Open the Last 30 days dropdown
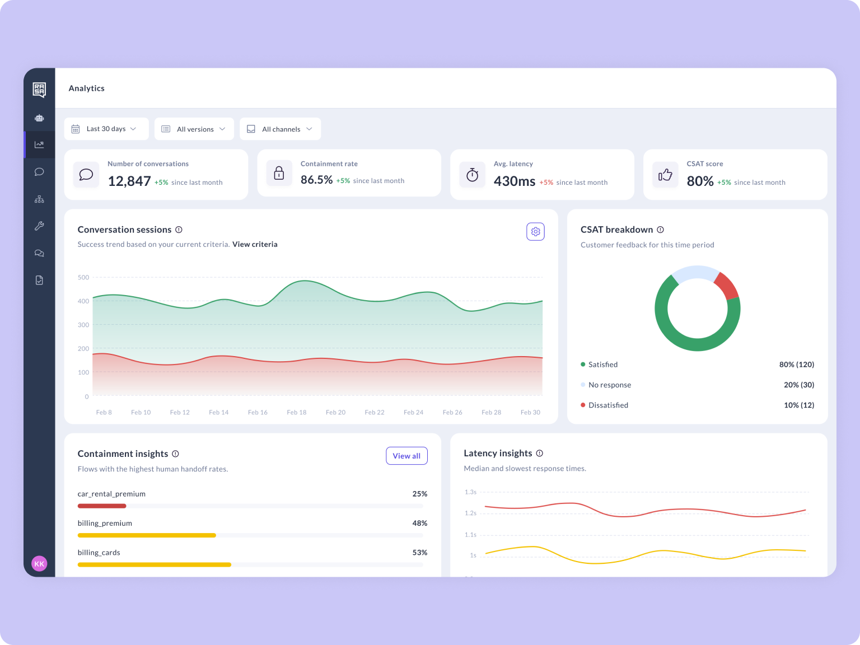tap(106, 129)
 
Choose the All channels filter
tap(281, 129)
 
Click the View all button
tap(406, 456)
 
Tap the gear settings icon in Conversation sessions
tap(535, 232)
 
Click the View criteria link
tap(255, 244)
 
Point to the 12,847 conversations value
tap(129, 181)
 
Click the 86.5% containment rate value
tap(316, 180)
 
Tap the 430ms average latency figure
tap(514, 181)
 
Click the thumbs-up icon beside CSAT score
tap(665, 175)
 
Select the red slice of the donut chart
tap(727, 286)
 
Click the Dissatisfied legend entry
tap(608, 405)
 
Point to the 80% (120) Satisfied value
tap(796, 364)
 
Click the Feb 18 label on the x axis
tap(297, 413)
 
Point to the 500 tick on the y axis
tap(83, 278)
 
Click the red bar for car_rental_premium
tap(102, 506)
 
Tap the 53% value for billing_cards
tap(419, 553)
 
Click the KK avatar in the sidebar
tap(39, 564)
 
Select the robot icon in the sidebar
tap(39, 118)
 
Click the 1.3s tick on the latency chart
tap(470, 492)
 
